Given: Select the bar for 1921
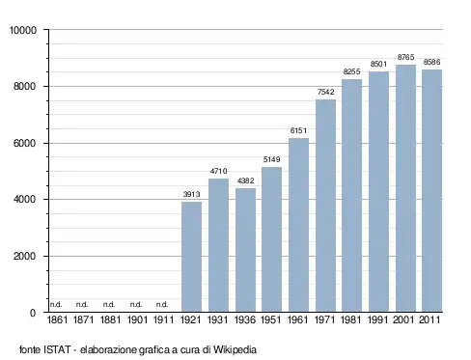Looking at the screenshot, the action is [191, 257].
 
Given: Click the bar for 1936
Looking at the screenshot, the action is [245, 250].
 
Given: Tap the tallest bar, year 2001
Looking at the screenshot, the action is [405, 188].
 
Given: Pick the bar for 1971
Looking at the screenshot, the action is [325, 206].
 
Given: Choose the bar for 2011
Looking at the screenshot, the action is [432, 191].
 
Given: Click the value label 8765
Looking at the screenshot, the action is [405, 57].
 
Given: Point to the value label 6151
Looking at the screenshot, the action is [298, 130].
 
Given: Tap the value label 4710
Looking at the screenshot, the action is [219, 171].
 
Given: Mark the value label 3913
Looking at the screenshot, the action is [191, 194].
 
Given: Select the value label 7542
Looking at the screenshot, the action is [326, 92].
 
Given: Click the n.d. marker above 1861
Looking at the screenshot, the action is [56, 304].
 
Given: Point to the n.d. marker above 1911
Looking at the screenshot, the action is [162, 304].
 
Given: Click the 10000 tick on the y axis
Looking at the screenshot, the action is [23, 30].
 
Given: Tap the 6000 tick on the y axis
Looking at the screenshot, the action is [24, 143].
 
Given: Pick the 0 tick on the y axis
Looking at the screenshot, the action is [33, 313].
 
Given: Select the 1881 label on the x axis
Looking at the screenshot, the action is [110, 320].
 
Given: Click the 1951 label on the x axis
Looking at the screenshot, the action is [271, 320].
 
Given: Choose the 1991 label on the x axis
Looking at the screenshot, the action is [377, 320].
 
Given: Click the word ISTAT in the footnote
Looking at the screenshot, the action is [57, 349].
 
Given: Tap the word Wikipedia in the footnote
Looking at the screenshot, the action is [235, 349].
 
